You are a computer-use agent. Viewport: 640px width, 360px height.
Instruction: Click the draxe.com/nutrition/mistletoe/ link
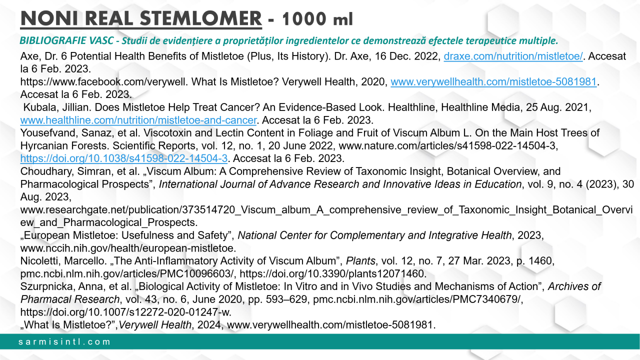pyautogui.click(x=513, y=56)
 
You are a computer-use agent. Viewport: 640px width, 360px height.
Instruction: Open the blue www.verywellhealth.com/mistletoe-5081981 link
pyautogui.click(x=494, y=82)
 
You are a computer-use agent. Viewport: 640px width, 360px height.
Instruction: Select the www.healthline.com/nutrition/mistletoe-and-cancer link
pyautogui.click(x=138, y=120)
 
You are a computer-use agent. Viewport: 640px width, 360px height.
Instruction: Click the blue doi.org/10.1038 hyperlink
pyautogui.click(x=124, y=158)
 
